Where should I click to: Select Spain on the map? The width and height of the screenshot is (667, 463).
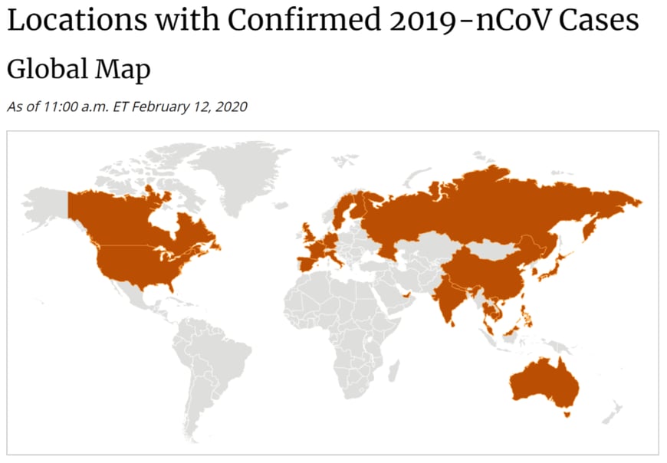click(307, 261)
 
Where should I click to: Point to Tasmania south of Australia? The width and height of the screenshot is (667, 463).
click(567, 414)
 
